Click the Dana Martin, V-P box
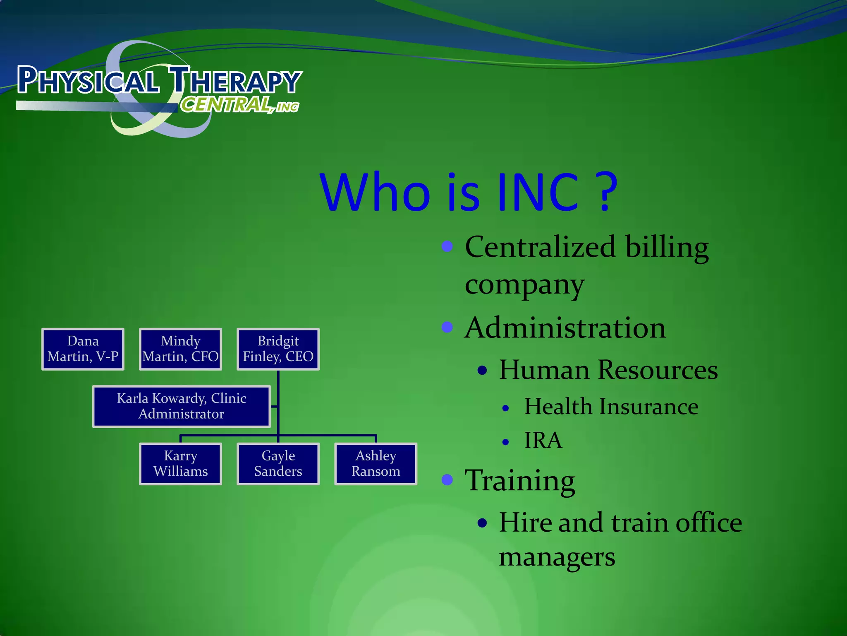click(83, 349)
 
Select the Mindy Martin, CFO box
click(180, 349)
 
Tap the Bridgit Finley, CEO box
click(278, 349)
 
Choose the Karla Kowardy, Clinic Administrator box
click(182, 406)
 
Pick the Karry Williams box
click(180, 464)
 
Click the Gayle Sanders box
click(278, 464)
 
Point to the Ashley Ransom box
click(376, 464)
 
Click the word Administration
click(565, 328)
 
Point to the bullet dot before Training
click(447, 479)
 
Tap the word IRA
click(543, 440)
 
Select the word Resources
click(658, 369)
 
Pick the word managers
click(557, 557)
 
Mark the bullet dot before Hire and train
click(482, 523)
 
